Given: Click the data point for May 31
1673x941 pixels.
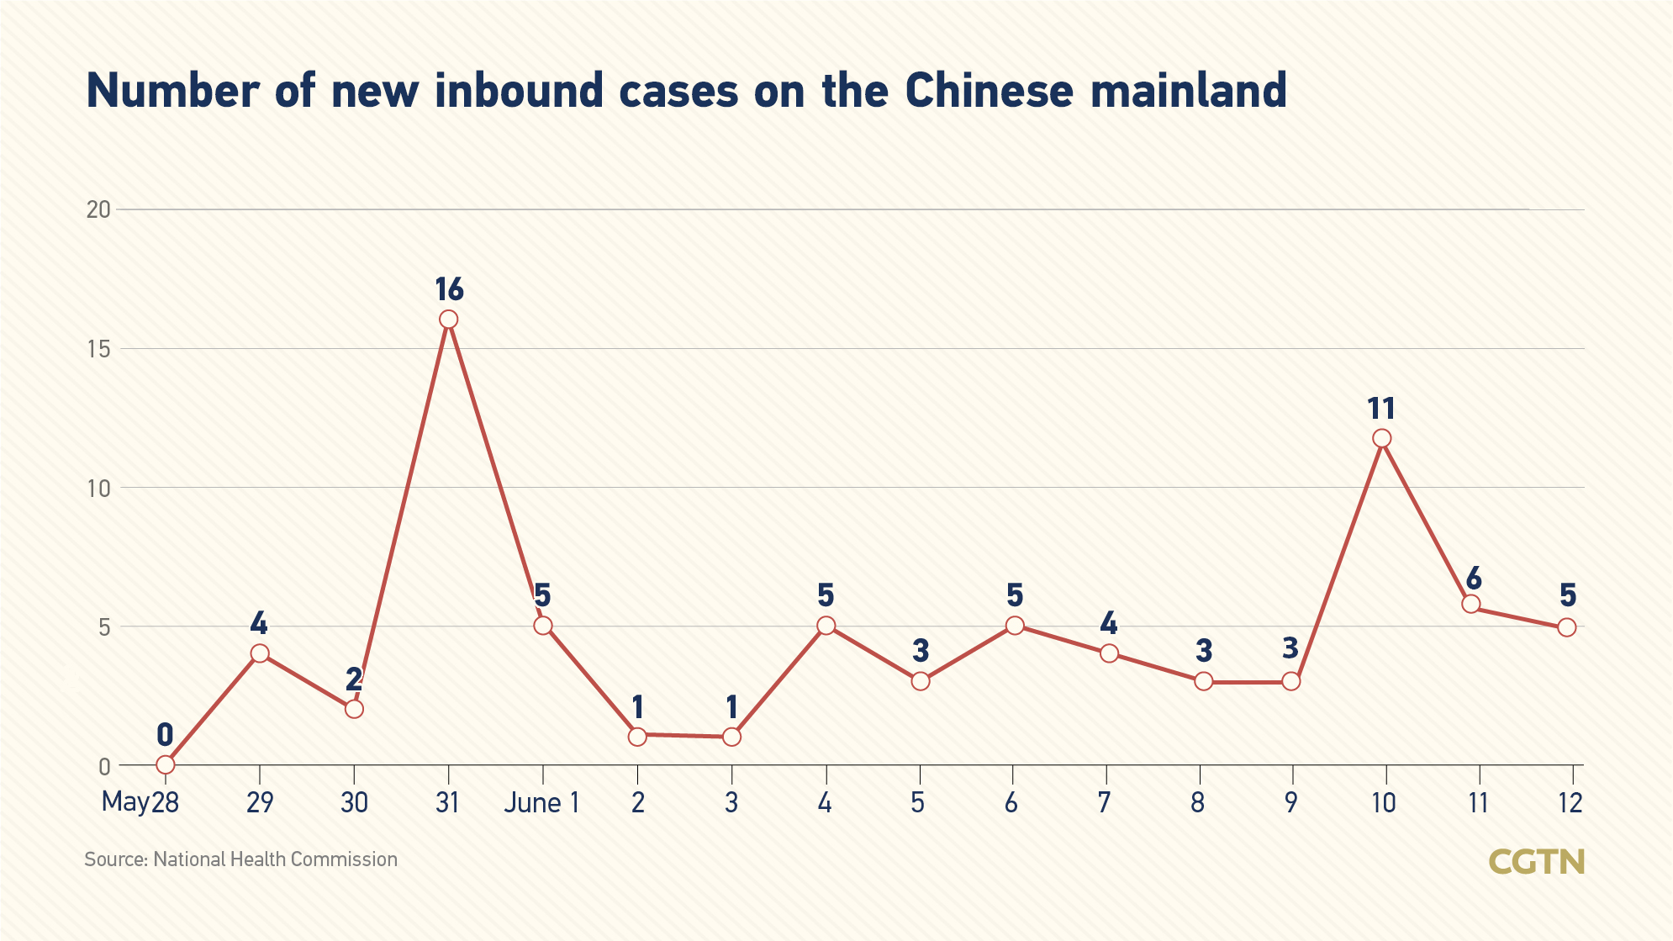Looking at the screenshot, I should tap(448, 320).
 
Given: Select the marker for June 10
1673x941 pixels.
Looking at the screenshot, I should tap(1381, 438).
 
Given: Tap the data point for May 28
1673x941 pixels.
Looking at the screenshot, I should tap(166, 764).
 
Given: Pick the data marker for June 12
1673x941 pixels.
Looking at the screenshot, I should tap(1566, 627).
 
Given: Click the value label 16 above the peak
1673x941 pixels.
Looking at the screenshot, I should tap(449, 290).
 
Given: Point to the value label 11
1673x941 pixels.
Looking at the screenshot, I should tap(1381, 410).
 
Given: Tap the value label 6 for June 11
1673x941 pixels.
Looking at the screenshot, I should tap(1473, 579).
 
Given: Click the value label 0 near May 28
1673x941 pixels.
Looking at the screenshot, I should tap(165, 735).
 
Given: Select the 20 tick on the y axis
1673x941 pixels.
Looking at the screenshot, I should tap(99, 209).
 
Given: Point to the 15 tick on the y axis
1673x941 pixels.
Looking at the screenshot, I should tap(99, 349).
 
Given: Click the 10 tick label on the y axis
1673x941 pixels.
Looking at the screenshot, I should tap(99, 488).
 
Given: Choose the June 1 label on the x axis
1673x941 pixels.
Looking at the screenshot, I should tap(541, 803).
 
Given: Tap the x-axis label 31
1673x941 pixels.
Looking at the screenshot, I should tap(447, 803).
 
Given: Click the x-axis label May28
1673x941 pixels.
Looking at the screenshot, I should tap(140, 803).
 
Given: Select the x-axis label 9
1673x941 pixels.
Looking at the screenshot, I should tap(1290, 803).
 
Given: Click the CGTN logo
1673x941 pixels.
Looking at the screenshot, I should tap(1536, 862).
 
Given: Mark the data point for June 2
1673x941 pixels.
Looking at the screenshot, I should tap(637, 737).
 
